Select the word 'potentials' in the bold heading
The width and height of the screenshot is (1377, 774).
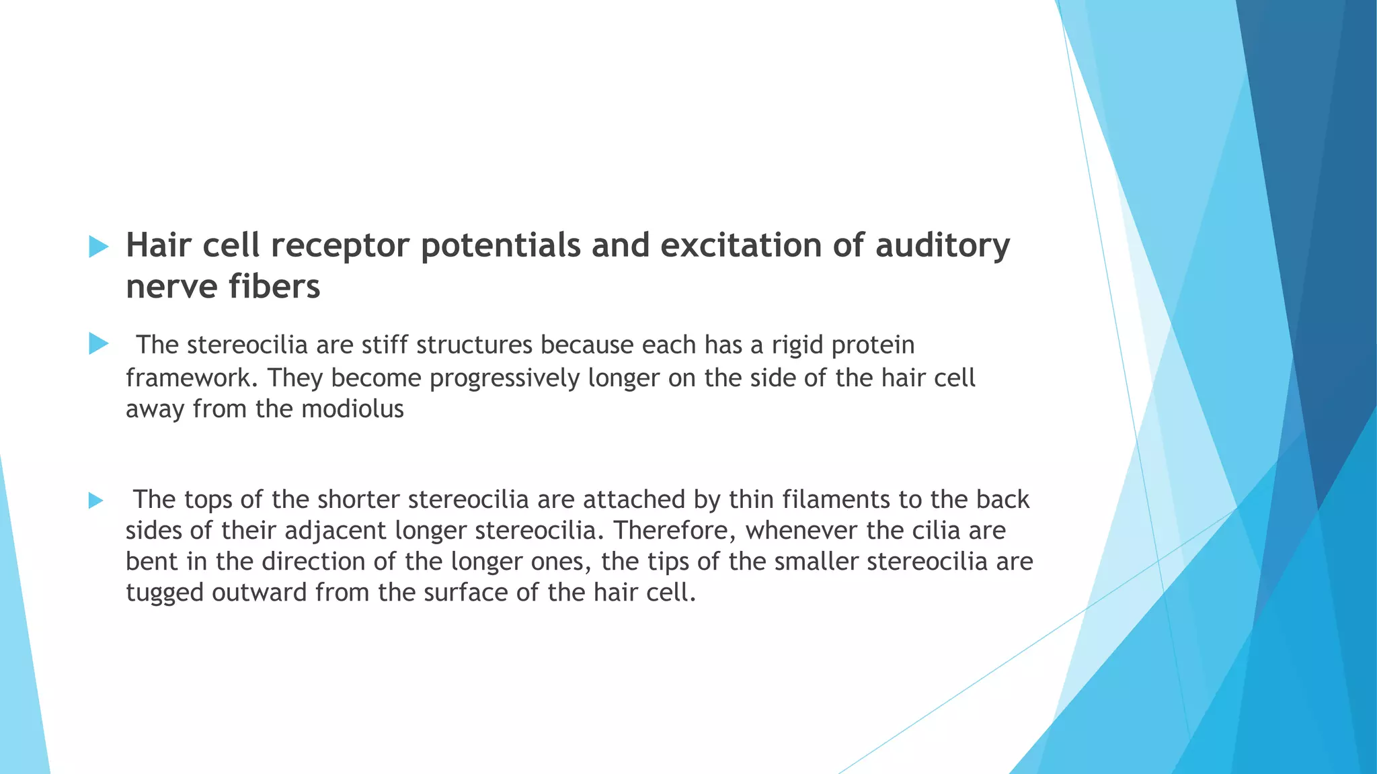point(500,246)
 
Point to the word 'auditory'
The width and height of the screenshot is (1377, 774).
point(943,246)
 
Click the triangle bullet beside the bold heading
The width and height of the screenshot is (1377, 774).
point(98,247)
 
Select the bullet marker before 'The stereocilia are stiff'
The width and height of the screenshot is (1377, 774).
point(98,344)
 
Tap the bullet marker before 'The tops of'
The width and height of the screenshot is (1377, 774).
point(95,500)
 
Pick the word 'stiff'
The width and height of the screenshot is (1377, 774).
point(385,345)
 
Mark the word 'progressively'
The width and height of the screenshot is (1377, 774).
point(504,378)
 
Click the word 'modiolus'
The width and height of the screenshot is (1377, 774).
point(352,408)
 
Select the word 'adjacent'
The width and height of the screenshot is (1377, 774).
point(336,531)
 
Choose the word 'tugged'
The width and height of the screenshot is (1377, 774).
point(165,593)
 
